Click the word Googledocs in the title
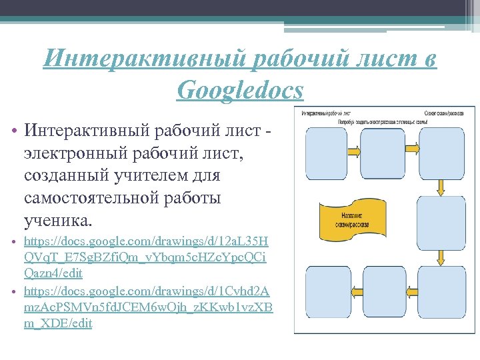[240, 89]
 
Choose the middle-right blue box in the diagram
[441, 221]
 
